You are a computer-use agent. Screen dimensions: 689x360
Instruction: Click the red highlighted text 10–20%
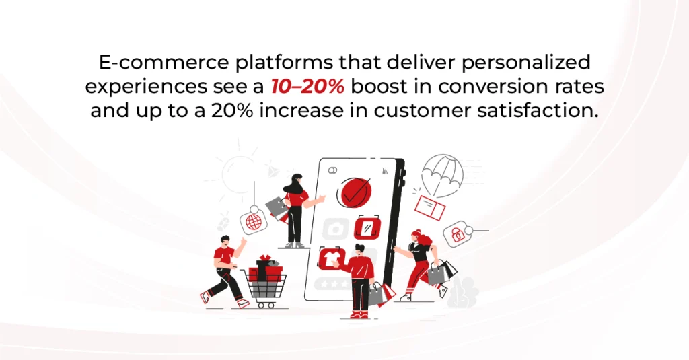point(307,86)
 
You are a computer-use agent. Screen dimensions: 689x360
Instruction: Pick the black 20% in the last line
point(232,110)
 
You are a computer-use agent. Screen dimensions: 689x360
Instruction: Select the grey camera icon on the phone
point(336,229)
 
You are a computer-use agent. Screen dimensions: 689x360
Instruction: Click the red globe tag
point(254,222)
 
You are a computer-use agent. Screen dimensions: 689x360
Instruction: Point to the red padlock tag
point(458,234)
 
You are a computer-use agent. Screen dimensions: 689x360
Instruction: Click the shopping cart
point(264,289)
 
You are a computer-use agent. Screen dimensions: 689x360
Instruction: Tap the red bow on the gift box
point(265,258)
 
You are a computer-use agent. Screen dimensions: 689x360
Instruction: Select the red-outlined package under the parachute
point(430,207)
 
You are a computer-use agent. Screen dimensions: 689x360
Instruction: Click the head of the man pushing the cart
point(225,241)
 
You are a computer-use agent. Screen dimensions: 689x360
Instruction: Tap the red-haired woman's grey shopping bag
point(437,273)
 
